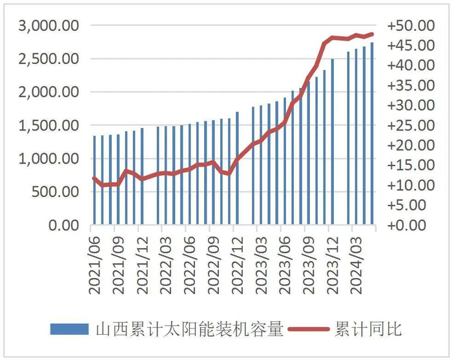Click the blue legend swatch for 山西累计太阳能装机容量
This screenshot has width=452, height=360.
click(69, 329)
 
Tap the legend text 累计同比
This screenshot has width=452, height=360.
click(369, 329)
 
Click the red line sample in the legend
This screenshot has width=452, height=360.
click(309, 329)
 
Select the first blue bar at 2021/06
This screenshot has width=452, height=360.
click(94, 181)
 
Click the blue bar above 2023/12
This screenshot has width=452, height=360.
click(332, 142)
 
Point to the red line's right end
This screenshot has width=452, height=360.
click(372, 34)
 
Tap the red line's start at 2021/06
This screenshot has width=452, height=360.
click(94, 178)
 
